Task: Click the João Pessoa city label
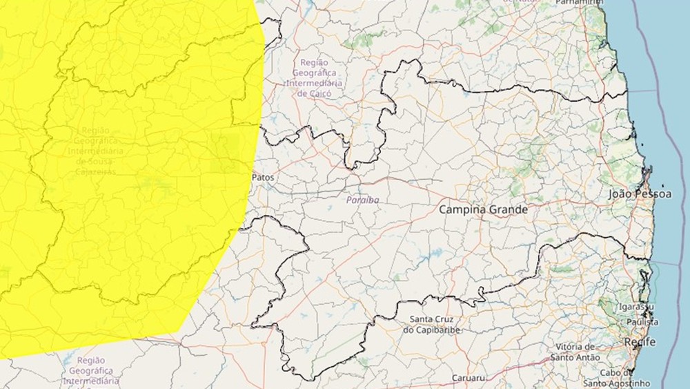pyautogui.click(x=640, y=194)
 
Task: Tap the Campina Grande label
pyautogui.click(x=484, y=209)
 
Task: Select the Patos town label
pyautogui.click(x=262, y=178)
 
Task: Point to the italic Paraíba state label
pyautogui.click(x=362, y=200)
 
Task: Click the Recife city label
pyautogui.click(x=639, y=342)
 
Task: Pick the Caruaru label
pyautogui.click(x=469, y=379)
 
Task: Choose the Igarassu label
pyautogui.click(x=635, y=306)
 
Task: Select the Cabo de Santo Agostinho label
pyautogui.click(x=616, y=377)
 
